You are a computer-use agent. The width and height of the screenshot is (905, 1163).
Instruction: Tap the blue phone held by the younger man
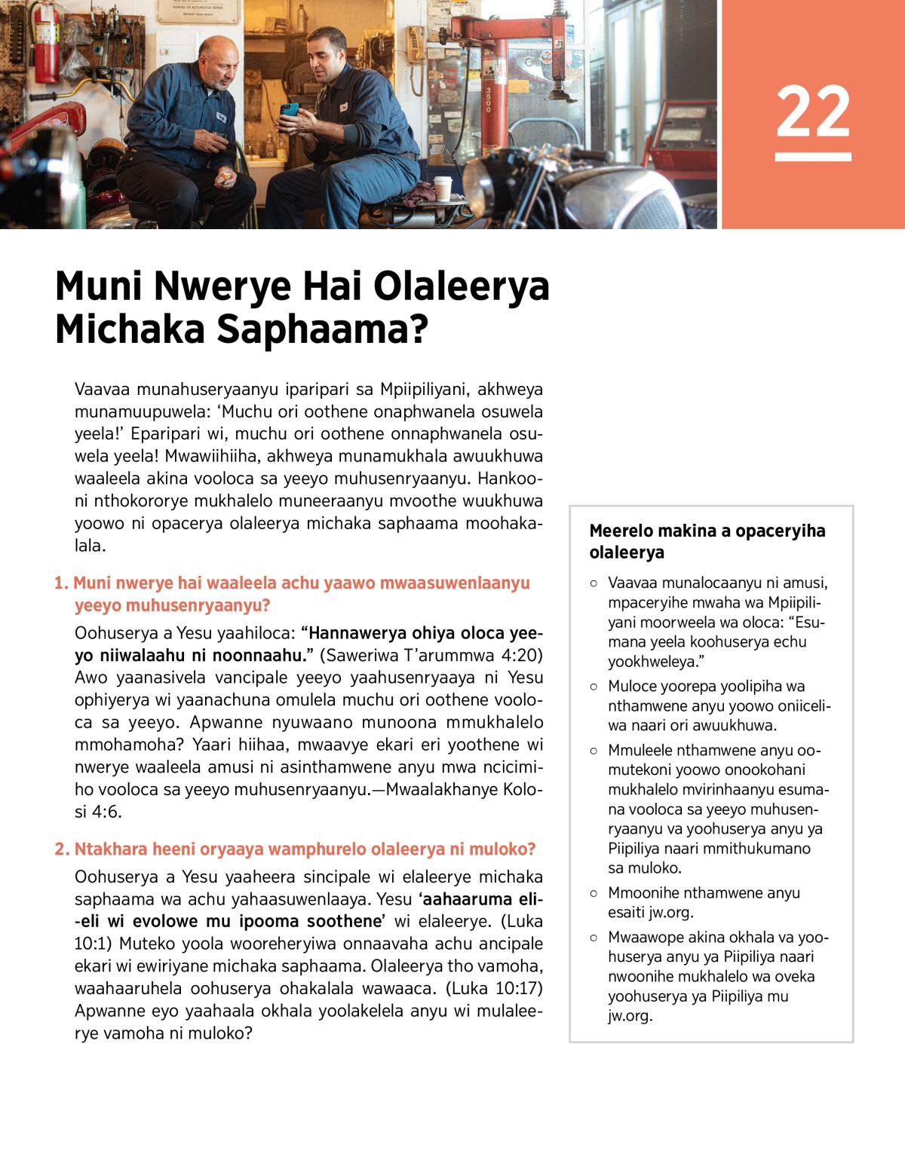click(x=289, y=110)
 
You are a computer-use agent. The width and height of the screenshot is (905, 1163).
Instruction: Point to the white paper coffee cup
click(x=443, y=188)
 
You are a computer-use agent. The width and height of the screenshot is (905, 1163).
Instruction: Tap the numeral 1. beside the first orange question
click(x=61, y=583)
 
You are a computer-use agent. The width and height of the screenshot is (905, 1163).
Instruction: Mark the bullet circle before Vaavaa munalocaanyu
click(x=594, y=583)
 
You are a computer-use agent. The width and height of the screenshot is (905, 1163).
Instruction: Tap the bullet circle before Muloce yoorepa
click(x=594, y=687)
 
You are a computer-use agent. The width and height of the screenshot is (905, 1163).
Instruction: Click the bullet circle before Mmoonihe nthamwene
click(x=594, y=893)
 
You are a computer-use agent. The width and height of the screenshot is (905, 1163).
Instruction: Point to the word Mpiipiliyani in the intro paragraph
click(x=426, y=390)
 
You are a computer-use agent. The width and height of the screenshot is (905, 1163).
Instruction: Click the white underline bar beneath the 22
click(x=813, y=157)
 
